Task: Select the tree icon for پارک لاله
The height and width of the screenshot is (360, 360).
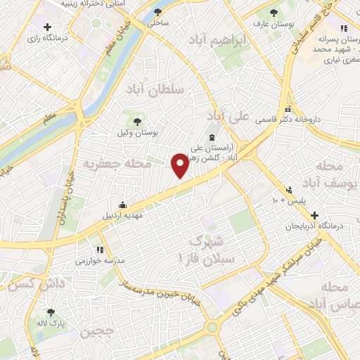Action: click(50, 311)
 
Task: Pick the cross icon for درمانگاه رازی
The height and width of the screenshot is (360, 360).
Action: click(47, 27)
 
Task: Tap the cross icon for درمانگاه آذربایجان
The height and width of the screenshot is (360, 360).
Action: click(315, 215)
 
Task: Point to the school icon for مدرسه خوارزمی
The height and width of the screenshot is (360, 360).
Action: click(99, 250)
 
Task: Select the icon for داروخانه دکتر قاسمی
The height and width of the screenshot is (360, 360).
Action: click(288, 108)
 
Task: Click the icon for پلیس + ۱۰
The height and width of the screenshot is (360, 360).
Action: click(288, 190)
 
